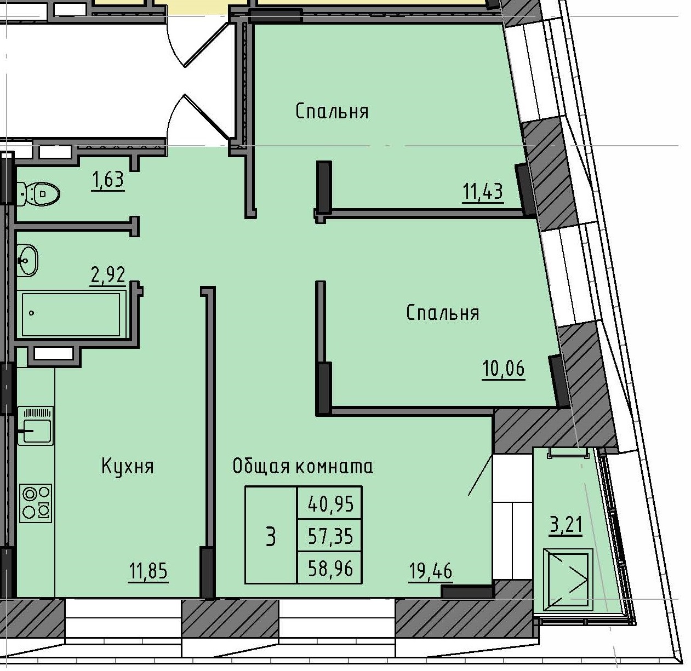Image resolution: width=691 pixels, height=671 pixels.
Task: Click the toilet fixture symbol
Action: click(38, 193)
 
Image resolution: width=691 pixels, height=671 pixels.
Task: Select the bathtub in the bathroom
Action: click(71, 314)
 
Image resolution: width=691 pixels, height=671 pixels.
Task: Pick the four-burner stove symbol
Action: click(36, 502)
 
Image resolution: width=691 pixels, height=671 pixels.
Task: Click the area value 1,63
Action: click(108, 179)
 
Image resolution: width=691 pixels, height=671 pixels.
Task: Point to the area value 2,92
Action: click(108, 274)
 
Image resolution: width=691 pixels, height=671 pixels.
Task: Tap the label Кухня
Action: click(128, 467)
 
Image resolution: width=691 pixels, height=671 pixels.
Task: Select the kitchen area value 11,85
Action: click(148, 571)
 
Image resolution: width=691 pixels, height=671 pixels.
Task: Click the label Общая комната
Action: click(303, 466)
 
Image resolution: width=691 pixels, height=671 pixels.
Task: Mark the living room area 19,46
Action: click(431, 571)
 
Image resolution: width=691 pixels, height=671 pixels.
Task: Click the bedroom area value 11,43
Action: click(483, 192)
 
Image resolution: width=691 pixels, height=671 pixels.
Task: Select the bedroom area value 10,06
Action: click(503, 369)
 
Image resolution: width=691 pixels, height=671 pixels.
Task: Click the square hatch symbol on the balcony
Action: click(568, 581)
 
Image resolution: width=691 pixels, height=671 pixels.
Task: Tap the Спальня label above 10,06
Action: click(443, 313)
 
